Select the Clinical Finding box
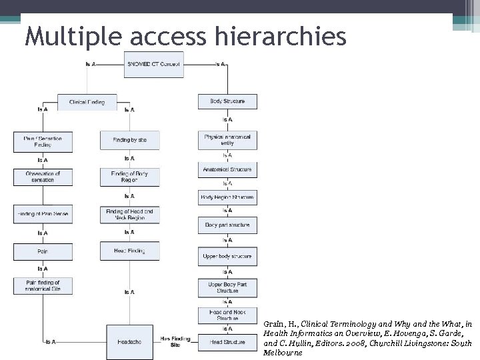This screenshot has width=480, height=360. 87,102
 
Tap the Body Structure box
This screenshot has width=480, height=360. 227,101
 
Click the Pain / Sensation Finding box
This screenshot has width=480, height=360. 43,141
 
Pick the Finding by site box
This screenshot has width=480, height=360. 129,140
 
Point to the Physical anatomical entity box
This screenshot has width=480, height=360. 227,140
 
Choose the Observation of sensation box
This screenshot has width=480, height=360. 43,177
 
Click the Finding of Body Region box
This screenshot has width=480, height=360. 129,177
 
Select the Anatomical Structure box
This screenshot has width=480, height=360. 227,170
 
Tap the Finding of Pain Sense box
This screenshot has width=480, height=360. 43,214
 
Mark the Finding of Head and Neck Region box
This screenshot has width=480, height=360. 129,214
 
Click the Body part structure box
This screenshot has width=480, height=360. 227,225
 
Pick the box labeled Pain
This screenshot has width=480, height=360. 43,251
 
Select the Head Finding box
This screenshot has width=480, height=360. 129,251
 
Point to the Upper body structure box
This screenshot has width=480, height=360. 227,256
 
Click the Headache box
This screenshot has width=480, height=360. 129,341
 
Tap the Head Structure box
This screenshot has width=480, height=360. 227,342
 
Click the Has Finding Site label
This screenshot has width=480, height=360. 175,341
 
